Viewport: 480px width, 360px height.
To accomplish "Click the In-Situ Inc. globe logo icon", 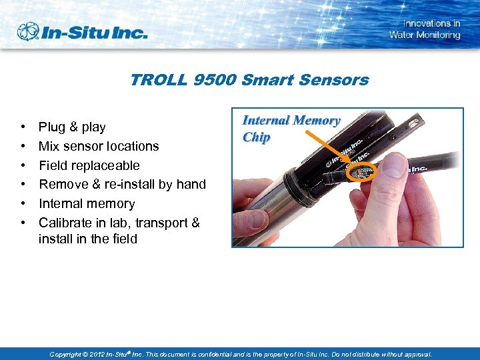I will tap(29, 31).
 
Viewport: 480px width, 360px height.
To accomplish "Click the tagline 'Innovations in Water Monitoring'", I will tap(425, 29).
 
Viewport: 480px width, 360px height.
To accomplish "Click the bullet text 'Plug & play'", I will tap(72, 127).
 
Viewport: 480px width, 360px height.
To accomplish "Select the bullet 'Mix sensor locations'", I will tap(99, 146).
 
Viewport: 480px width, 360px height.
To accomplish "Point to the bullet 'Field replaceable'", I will tap(89, 165).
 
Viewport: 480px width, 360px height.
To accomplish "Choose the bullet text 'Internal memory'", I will tap(87, 203).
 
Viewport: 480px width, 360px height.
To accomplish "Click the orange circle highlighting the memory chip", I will tap(362, 171).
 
